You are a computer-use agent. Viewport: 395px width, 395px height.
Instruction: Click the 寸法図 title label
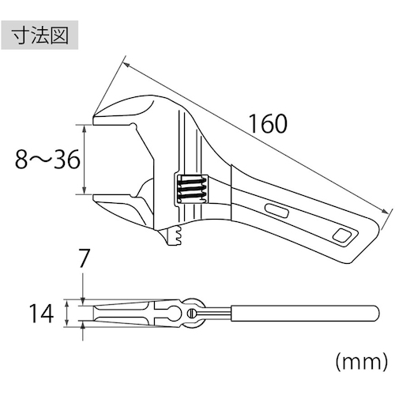[40, 36]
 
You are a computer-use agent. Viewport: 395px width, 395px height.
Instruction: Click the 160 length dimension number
[268, 124]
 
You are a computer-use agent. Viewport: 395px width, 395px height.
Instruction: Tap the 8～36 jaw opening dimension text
[47, 160]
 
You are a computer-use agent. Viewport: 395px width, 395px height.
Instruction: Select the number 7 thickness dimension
[84, 258]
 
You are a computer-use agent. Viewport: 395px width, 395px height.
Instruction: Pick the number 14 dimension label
[41, 314]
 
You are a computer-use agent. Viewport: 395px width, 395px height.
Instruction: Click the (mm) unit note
[362, 362]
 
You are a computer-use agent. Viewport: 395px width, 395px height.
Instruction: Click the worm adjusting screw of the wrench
[191, 189]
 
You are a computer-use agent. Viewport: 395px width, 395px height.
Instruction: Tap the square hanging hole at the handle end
[341, 235]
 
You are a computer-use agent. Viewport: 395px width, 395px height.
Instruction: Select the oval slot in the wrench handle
[276, 211]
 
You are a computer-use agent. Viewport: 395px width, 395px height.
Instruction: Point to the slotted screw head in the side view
[192, 313]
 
